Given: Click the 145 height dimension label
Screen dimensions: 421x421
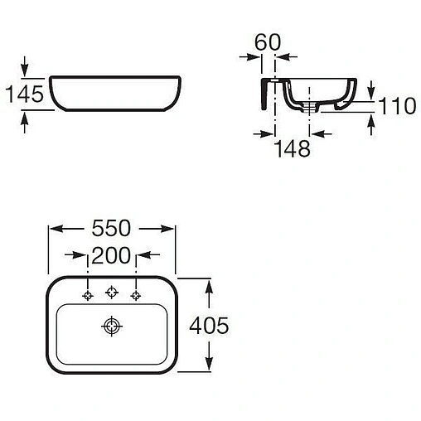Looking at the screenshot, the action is [24, 94].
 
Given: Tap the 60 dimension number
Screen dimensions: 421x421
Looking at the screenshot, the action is [268, 42].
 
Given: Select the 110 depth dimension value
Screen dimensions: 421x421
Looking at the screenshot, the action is [397, 105].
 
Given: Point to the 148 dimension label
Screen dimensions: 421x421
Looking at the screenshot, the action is [293, 148].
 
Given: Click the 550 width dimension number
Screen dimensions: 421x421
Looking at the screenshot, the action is [111, 228].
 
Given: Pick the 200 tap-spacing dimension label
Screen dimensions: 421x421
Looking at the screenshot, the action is [111, 255].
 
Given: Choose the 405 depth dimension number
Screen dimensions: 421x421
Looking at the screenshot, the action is [209, 325].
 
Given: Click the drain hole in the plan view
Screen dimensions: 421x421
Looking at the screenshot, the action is [112, 327].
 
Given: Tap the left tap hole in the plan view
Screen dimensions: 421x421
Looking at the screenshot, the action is [88, 296].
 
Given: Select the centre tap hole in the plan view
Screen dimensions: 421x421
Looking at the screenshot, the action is [112, 292].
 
